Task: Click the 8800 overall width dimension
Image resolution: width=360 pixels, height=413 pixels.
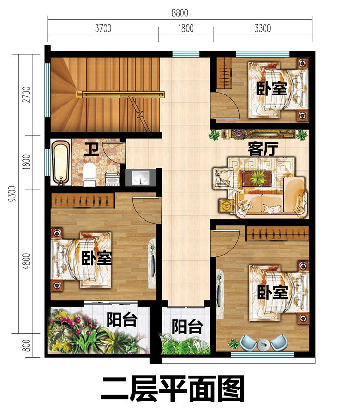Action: [180, 12]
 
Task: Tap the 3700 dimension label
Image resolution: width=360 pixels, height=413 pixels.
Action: [103, 28]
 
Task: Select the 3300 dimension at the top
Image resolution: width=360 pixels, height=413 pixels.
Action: [262, 28]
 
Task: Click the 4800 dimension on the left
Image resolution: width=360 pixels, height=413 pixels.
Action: [26, 261]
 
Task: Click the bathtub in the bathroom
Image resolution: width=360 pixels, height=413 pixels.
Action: [60, 162]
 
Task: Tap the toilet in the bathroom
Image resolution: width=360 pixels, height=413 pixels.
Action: [89, 175]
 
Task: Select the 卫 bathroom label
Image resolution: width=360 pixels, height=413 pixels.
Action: [92, 149]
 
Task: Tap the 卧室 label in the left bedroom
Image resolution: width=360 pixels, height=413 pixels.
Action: [96, 259]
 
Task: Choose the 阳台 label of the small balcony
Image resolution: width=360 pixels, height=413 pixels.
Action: [187, 327]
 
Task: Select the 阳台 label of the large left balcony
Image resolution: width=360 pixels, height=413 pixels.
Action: [122, 319]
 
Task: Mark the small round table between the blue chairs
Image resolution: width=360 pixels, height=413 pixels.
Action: [263, 343]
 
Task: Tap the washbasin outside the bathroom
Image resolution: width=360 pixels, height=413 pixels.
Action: [141, 177]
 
